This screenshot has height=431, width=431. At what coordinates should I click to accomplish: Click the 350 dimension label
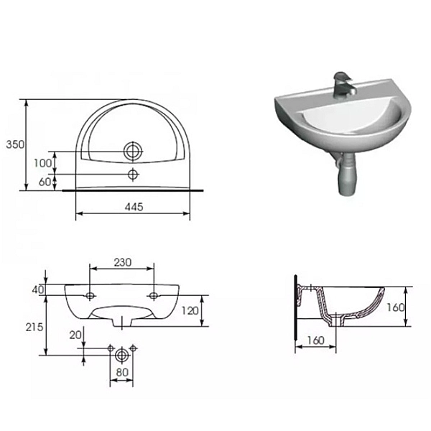point(15,144)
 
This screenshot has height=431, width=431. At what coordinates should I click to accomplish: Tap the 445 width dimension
point(134,207)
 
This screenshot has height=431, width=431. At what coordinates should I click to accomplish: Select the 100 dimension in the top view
point(42,163)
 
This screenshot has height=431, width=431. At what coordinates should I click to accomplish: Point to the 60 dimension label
point(45,182)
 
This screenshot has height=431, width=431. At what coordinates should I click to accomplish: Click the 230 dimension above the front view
point(123,262)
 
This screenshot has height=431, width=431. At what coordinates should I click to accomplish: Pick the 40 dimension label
point(38,289)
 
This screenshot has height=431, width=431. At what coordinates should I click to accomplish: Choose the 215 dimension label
point(34,327)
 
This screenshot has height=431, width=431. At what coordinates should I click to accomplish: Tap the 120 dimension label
point(190,311)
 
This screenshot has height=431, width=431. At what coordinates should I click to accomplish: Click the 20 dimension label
point(75,335)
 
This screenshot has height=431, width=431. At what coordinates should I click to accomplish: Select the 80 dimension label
point(122,372)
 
